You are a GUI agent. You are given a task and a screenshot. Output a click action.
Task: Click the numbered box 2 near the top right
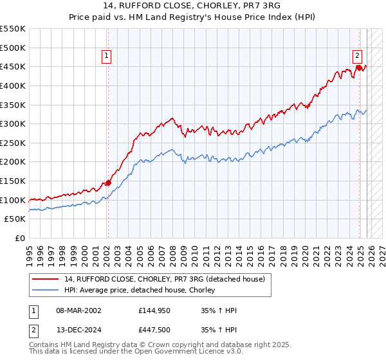pos(357,56)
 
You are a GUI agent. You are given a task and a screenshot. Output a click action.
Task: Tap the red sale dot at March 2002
pos(108,183)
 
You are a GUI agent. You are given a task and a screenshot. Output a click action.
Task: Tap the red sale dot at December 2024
pos(358,67)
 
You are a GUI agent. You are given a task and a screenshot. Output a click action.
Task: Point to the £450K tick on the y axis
pos(13,67)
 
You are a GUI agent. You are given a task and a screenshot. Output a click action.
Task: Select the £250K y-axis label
pos(13,143)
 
